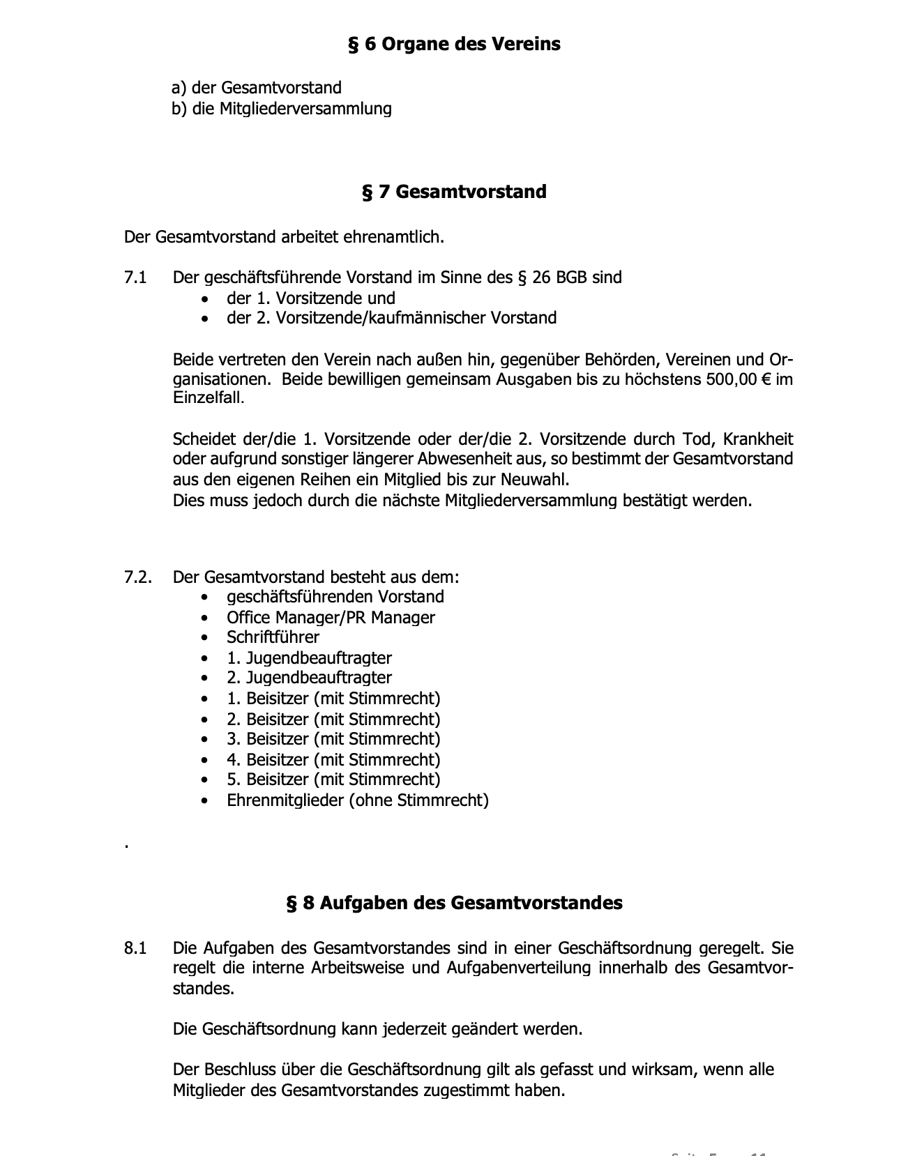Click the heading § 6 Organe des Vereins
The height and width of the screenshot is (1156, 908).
point(454,45)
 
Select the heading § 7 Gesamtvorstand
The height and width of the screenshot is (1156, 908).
point(454,192)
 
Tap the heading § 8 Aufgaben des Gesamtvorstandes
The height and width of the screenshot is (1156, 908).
point(454,903)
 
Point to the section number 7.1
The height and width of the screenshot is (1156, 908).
point(135,277)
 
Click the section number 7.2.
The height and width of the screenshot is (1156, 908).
point(137,577)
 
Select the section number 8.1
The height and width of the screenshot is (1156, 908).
point(135,948)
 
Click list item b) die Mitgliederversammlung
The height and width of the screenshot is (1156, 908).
point(282,109)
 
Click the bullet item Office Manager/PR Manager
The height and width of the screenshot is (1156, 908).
point(331,618)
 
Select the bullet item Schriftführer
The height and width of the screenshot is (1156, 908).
point(273,637)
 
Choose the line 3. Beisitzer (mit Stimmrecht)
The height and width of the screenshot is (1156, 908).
point(333,739)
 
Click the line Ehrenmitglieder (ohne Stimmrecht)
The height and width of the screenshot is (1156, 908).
point(357,800)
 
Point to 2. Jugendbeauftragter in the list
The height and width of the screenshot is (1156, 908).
point(309,678)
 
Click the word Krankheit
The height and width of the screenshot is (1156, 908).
point(758,440)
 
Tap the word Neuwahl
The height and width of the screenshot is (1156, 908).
point(542,480)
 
